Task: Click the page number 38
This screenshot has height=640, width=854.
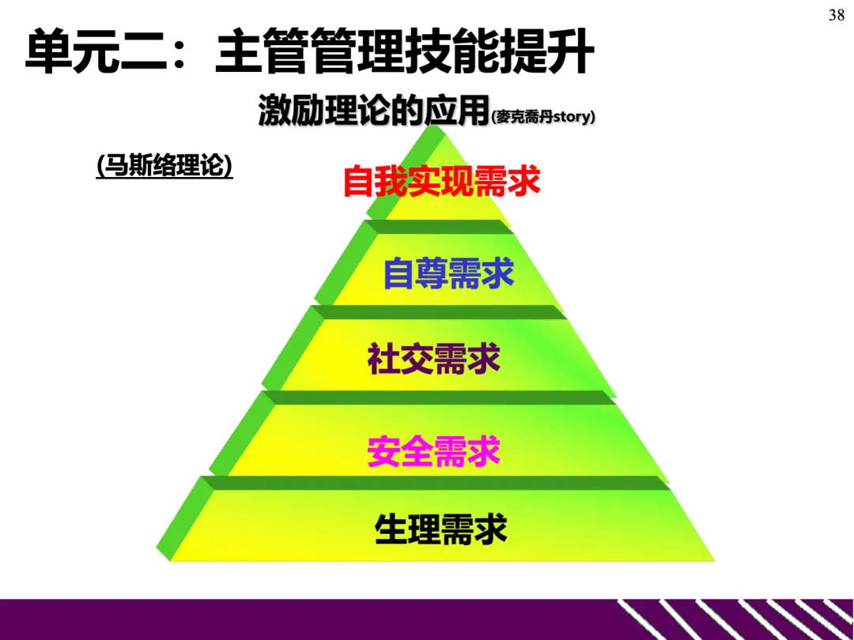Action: coord(836,15)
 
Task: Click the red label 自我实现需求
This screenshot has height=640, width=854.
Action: coord(441,182)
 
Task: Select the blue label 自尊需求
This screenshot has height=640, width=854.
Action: coord(448,273)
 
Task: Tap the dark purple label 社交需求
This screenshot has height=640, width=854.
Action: coord(433,360)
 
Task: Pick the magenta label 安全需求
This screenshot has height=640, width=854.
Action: coord(433,452)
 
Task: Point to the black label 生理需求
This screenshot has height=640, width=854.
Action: coord(440,529)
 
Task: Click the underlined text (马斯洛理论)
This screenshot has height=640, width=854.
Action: coord(164,168)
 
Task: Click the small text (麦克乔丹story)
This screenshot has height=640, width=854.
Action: coord(542,118)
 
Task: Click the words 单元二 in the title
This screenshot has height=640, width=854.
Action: coord(95,53)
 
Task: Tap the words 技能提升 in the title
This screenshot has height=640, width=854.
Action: coord(498,53)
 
